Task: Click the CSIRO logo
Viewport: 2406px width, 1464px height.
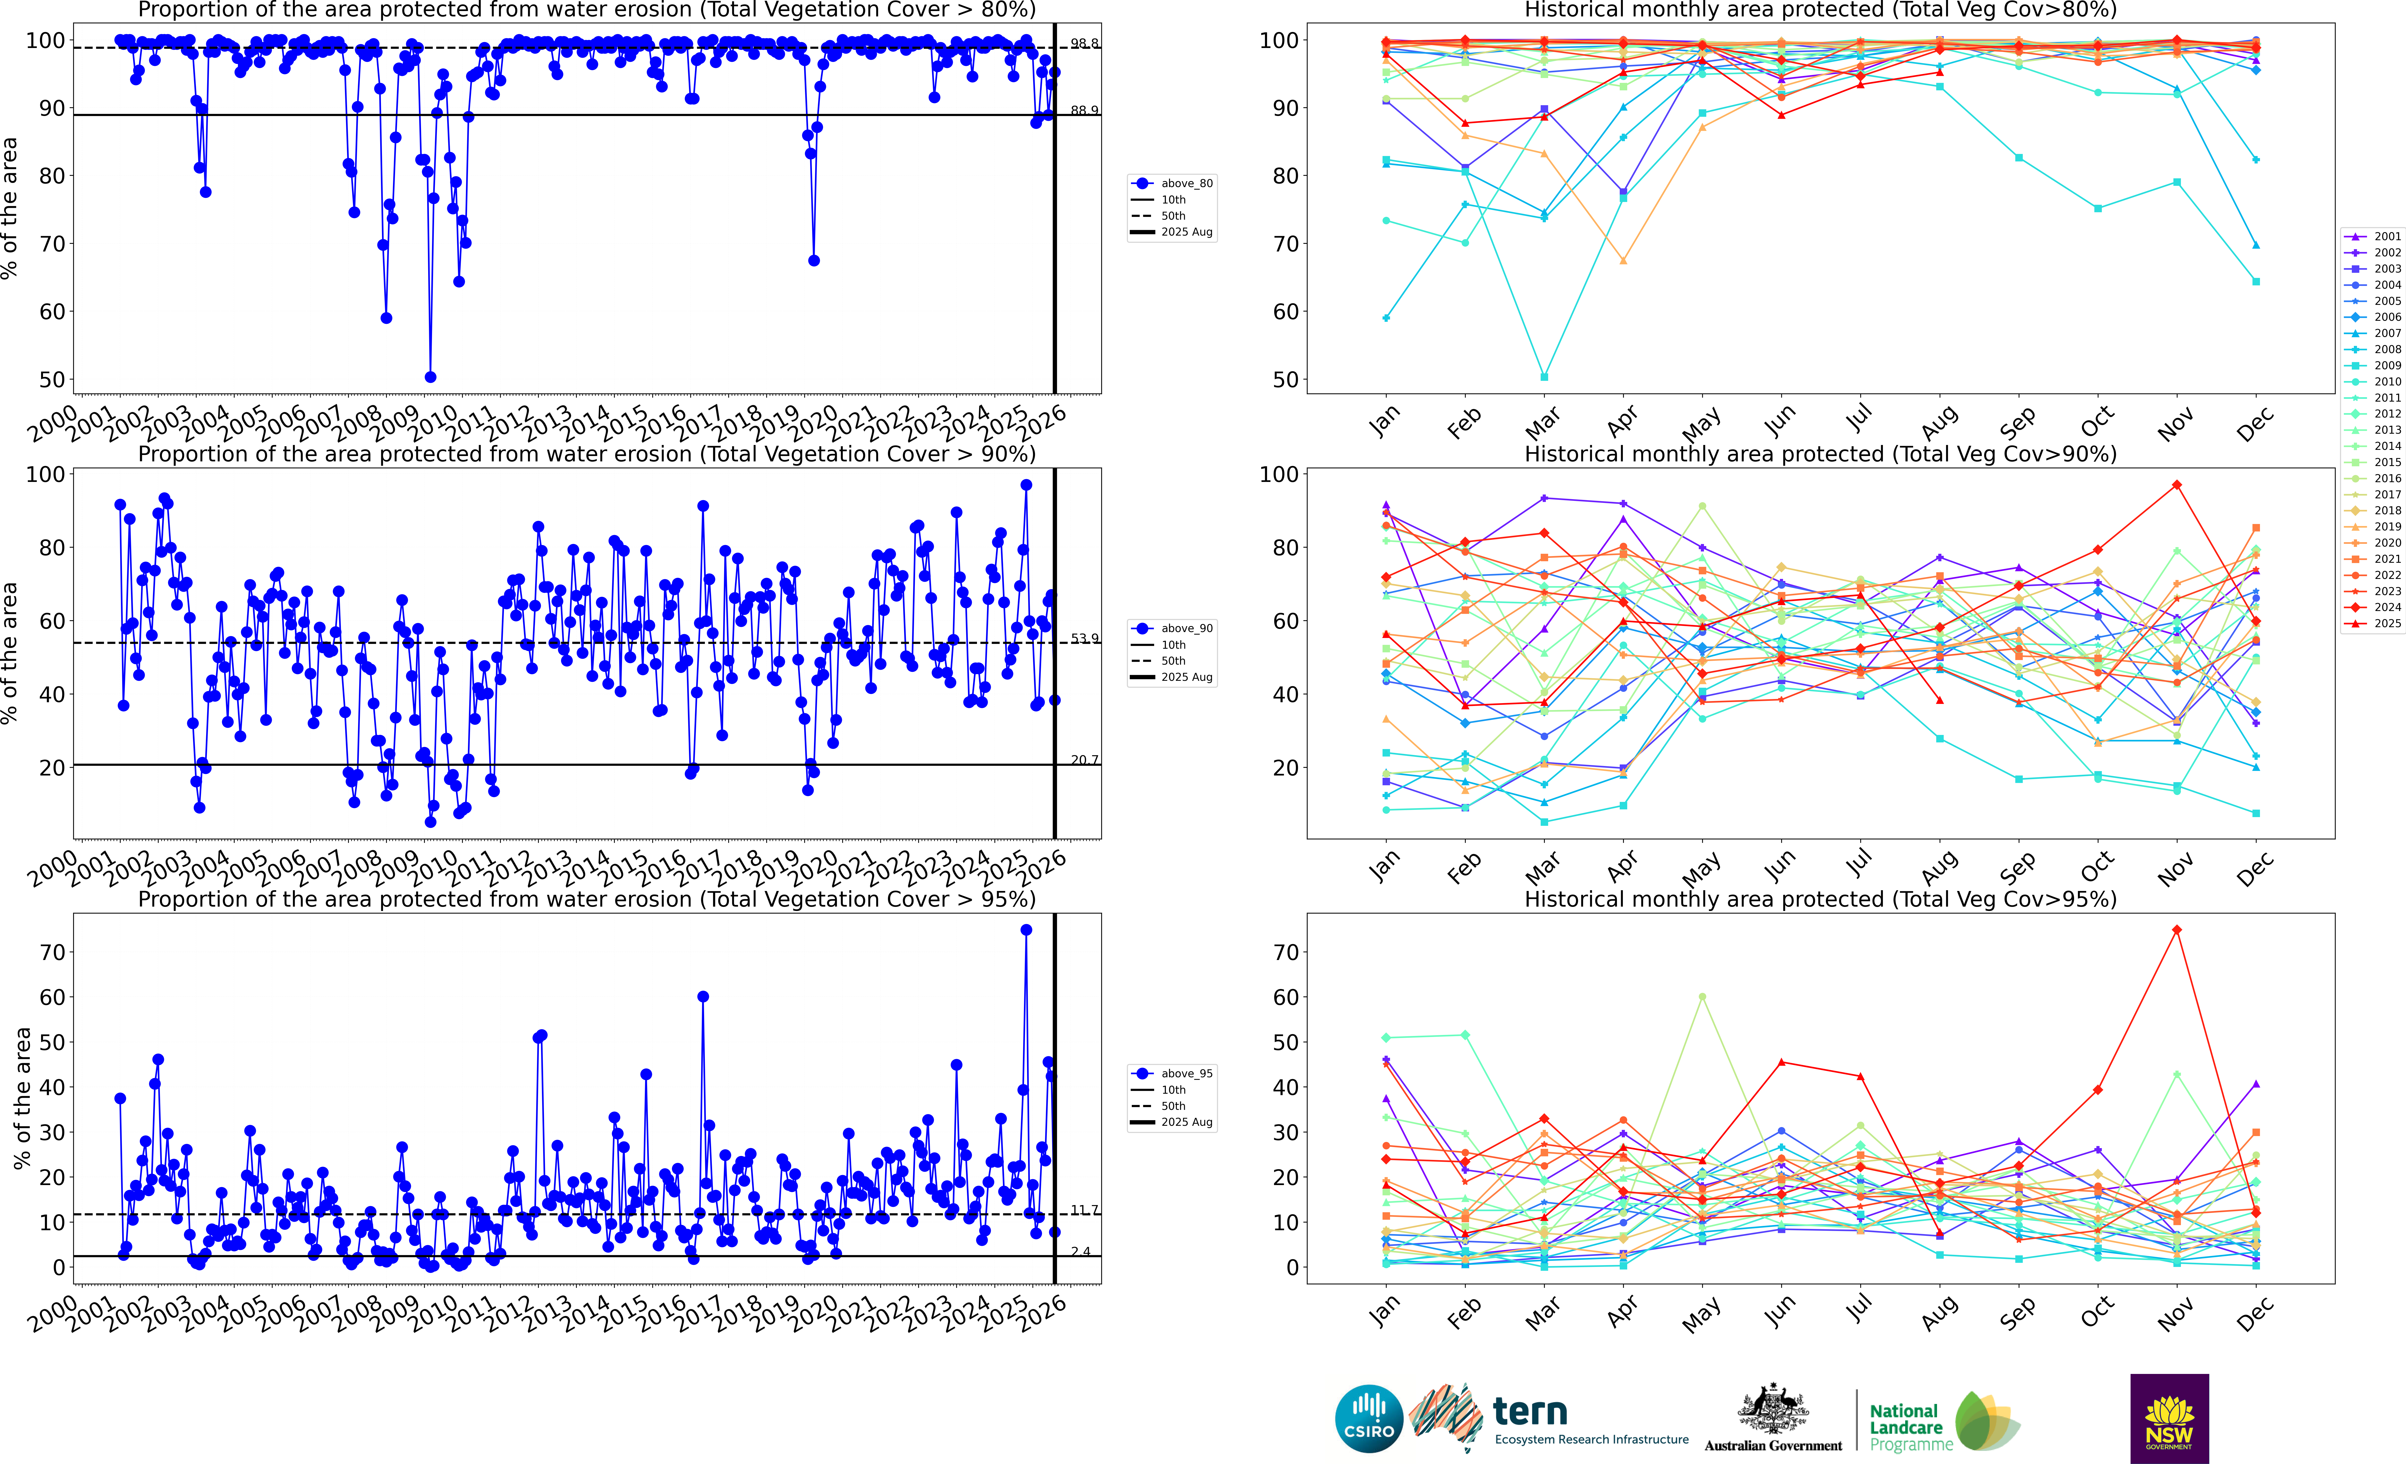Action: (1369, 1418)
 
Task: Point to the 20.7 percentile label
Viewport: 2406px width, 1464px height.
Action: (1084, 759)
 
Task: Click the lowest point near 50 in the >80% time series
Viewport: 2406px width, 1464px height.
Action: (431, 377)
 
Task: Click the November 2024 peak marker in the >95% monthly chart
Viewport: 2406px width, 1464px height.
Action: (2177, 930)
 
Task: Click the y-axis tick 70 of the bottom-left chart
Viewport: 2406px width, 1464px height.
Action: (53, 953)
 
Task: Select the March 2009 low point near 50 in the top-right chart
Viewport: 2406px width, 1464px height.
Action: (1544, 377)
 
